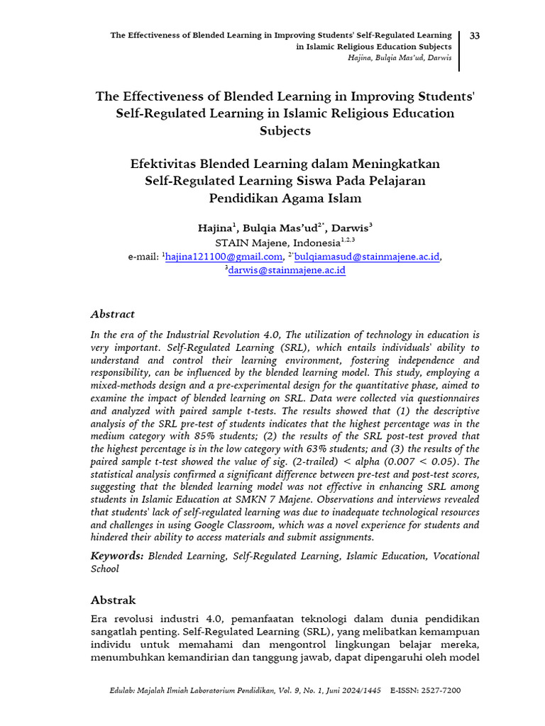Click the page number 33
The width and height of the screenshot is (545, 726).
point(475,35)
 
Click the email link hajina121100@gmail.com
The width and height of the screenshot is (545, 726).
point(224,257)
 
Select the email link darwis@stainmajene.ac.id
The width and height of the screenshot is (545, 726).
point(287,270)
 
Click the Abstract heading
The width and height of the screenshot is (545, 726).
point(112,314)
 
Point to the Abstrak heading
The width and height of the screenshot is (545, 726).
point(113,600)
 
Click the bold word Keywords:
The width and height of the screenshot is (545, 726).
point(117,557)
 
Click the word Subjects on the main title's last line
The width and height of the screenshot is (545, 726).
point(285,130)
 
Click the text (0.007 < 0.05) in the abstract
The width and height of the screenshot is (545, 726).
point(411,462)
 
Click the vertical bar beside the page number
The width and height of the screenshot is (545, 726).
point(459,50)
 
